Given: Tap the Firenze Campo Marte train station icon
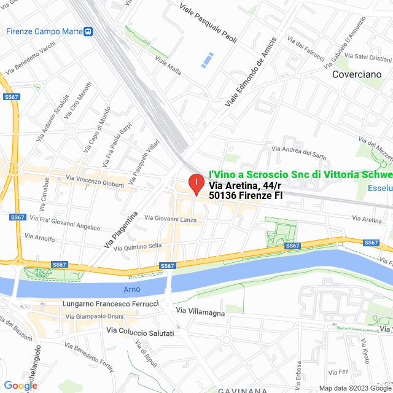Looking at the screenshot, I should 89,31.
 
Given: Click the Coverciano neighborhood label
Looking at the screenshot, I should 356,74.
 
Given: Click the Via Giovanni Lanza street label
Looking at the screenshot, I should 170,218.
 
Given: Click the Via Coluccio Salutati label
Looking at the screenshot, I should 141,332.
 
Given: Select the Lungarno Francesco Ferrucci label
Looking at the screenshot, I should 111,304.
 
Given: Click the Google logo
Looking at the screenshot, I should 20,385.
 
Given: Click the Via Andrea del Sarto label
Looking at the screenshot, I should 299,149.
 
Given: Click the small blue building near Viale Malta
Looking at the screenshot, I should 208,60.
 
